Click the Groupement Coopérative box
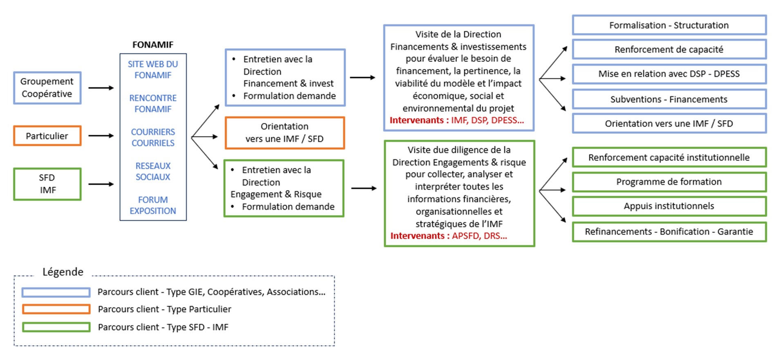(47, 88)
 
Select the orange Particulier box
(47, 136)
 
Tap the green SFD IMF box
(47, 184)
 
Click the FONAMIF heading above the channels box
(153, 45)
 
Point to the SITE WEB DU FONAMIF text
(153, 69)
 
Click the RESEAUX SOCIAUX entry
(153, 171)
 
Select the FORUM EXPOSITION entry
(153, 205)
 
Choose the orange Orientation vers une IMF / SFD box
(284, 133)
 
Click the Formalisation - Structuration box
(669, 25)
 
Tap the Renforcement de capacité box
(669, 49)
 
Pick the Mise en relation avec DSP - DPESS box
(669, 74)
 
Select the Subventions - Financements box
(669, 99)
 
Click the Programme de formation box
(669, 182)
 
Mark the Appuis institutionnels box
(669, 206)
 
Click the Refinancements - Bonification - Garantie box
(669, 232)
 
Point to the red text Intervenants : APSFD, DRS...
(448, 236)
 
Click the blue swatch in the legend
(56, 292)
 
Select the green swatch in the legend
(56, 327)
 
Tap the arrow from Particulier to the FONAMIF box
(101, 136)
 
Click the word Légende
(63, 272)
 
